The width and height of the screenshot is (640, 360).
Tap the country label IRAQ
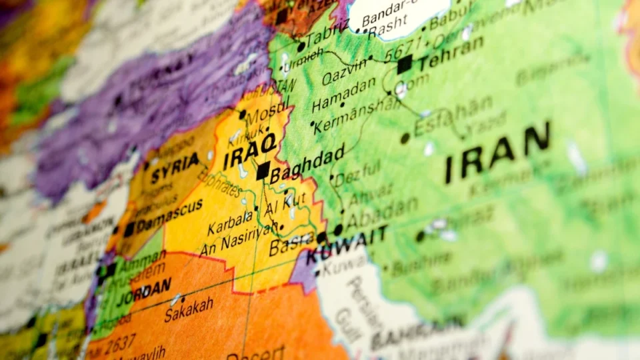pyautogui.click(x=249, y=153)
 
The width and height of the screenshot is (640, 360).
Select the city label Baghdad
pyautogui.click(x=307, y=163)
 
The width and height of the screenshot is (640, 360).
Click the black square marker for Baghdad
pyautogui.click(x=263, y=171)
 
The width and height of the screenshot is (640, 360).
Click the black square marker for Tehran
pyautogui.click(x=404, y=65)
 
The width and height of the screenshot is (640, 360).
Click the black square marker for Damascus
pyautogui.click(x=129, y=229)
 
